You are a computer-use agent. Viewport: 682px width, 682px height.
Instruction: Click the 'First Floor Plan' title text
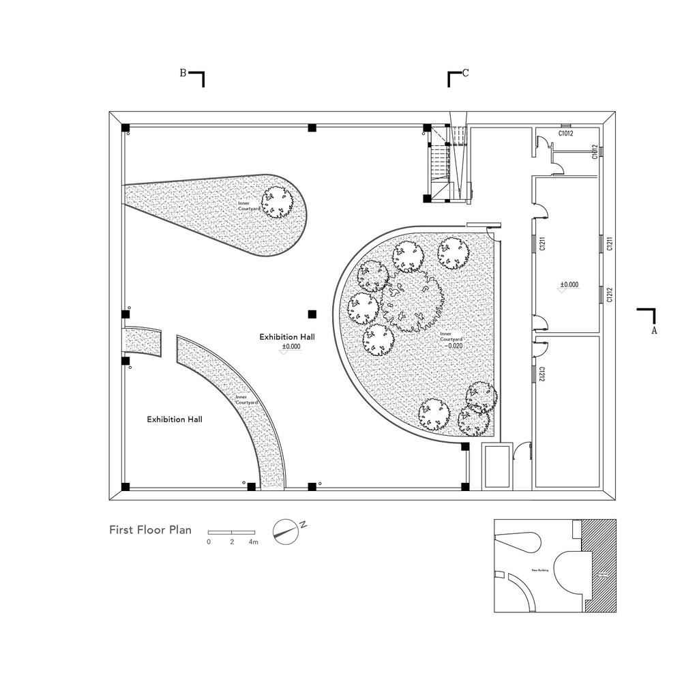tap(150, 529)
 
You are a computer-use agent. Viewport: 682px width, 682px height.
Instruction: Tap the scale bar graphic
tap(231, 531)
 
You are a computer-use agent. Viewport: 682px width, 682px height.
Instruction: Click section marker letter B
tap(183, 73)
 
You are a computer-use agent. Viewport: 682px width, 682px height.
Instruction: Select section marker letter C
tap(466, 74)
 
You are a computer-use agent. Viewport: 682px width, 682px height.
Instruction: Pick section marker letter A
tap(654, 330)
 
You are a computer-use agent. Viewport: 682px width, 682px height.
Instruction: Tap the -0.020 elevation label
tap(454, 346)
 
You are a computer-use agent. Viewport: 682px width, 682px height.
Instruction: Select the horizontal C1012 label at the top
tap(565, 134)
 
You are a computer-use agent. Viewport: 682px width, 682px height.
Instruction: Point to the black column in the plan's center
tap(312, 314)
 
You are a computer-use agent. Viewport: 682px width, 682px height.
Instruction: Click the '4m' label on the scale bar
tap(253, 542)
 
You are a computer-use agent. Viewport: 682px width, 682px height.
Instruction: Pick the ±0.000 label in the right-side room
tap(569, 284)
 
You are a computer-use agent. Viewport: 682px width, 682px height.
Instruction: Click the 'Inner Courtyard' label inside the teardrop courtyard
tap(247, 206)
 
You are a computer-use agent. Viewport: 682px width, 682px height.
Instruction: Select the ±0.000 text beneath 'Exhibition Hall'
tap(291, 346)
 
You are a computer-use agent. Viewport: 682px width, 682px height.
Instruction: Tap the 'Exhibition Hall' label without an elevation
tap(175, 419)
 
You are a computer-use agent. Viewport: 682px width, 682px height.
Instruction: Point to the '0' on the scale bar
tap(209, 542)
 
